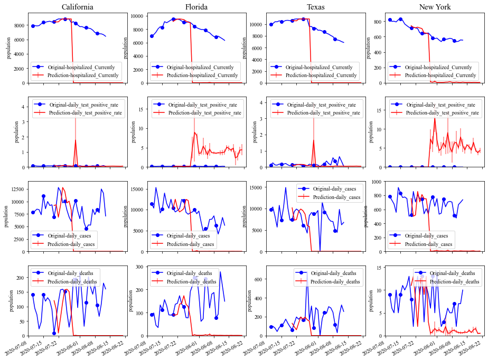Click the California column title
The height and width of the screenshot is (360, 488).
click(78, 7)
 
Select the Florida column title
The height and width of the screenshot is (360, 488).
click(196, 7)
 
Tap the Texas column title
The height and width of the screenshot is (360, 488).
click(315, 7)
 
